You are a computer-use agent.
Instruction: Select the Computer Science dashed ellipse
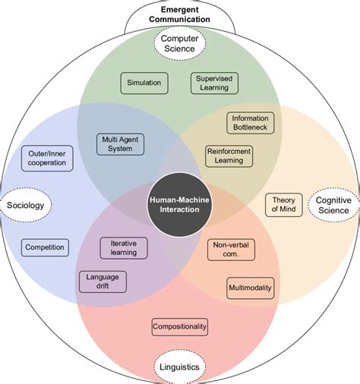coord(180,44)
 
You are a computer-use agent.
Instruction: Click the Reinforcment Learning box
coord(229,156)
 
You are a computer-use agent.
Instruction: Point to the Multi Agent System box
coord(119,143)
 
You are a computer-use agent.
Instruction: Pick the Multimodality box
coord(250,288)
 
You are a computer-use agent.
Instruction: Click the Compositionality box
coord(180,326)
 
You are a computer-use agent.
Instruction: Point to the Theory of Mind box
coord(284,205)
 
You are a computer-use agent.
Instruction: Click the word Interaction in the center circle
coord(180,209)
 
